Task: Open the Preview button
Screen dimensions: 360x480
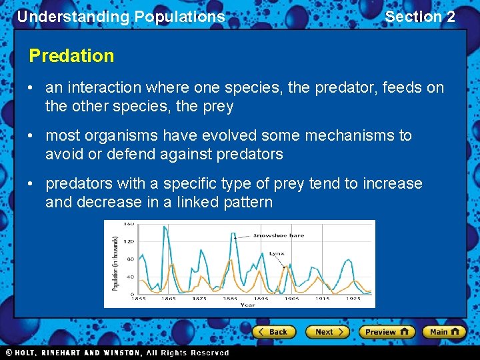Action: click(386, 331)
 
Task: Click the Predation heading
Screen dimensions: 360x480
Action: click(71, 56)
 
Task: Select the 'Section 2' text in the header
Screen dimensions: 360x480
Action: click(420, 17)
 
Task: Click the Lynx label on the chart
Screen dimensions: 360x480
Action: click(277, 254)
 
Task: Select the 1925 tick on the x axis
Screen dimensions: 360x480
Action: click(353, 299)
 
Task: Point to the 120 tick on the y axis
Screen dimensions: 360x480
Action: click(130, 241)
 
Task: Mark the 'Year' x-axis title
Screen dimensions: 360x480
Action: click(247, 305)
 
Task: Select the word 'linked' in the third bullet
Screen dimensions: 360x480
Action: click(197, 202)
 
